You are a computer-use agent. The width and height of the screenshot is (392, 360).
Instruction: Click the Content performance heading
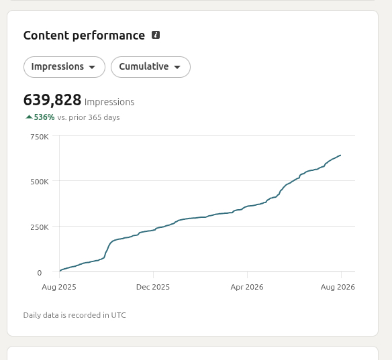click(x=84, y=36)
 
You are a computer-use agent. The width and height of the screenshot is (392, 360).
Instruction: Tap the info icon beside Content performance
click(x=156, y=35)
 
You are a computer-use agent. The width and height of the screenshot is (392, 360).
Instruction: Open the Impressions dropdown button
click(x=64, y=67)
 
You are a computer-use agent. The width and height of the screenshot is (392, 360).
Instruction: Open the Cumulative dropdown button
click(x=150, y=67)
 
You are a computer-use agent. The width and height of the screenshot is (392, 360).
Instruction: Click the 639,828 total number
click(x=52, y=100)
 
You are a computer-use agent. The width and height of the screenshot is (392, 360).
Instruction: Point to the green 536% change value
click(x=44, y=117)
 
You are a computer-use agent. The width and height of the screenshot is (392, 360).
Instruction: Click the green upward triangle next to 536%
click(x=29, y=117)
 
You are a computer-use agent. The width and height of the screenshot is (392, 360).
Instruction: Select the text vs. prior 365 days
click(x=89, y=117)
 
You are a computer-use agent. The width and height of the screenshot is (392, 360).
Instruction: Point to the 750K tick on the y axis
click(x=40, y=137)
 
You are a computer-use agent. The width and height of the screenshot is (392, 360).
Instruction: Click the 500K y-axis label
click(x=40, y=182)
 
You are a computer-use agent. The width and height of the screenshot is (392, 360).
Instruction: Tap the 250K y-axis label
click(x=40, y=227)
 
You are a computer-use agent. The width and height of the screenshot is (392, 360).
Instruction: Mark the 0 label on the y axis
click(x=39, y=273)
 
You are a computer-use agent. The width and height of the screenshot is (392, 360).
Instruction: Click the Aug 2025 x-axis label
click(x=59, y=287)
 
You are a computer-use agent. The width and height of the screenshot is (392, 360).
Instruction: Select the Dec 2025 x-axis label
click(x=153, y=287)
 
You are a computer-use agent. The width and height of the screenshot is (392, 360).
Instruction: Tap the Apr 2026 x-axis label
click(x=247, y=287)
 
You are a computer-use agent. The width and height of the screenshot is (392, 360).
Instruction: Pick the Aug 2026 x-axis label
click(x=338, y=287)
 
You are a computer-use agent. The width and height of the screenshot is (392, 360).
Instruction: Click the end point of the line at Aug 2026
click(x=340, y=156)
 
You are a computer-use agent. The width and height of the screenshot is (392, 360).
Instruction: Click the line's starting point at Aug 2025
click(x=60, y=271)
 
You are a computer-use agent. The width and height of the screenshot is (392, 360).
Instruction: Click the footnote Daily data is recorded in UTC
click(x=75, y=315)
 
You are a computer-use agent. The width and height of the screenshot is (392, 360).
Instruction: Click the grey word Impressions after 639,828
click(x=109, y=102)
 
